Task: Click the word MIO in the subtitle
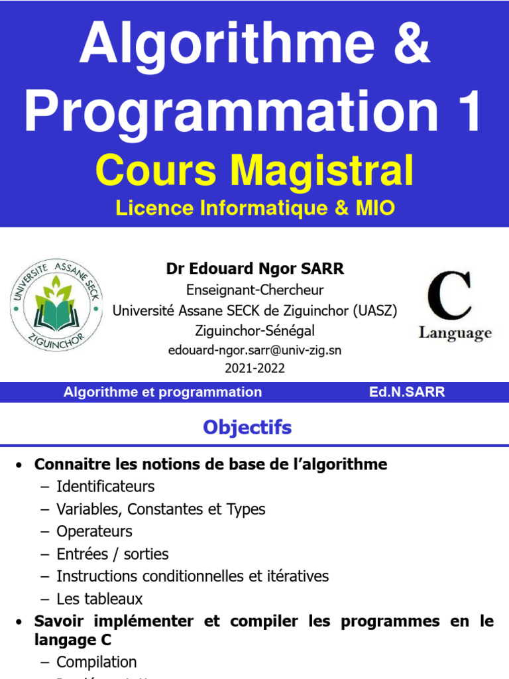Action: pos(374,208)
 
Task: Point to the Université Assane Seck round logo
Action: pos(56,305)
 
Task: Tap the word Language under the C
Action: pos(455,333)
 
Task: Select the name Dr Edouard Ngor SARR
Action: pos(255,269)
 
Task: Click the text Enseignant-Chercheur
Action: pos(255,290)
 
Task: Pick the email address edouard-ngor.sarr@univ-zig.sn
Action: pos(255,350)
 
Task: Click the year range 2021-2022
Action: pos(255,369)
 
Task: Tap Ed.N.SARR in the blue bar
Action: pos(407,392)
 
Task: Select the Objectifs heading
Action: pos(247,428)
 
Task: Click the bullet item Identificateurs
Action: pos(105,487)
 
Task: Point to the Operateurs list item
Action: pos(94,532)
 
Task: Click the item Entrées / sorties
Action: pos(113,554)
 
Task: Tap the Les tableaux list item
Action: pos(99,599)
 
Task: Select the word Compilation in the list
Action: pos(97,662)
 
